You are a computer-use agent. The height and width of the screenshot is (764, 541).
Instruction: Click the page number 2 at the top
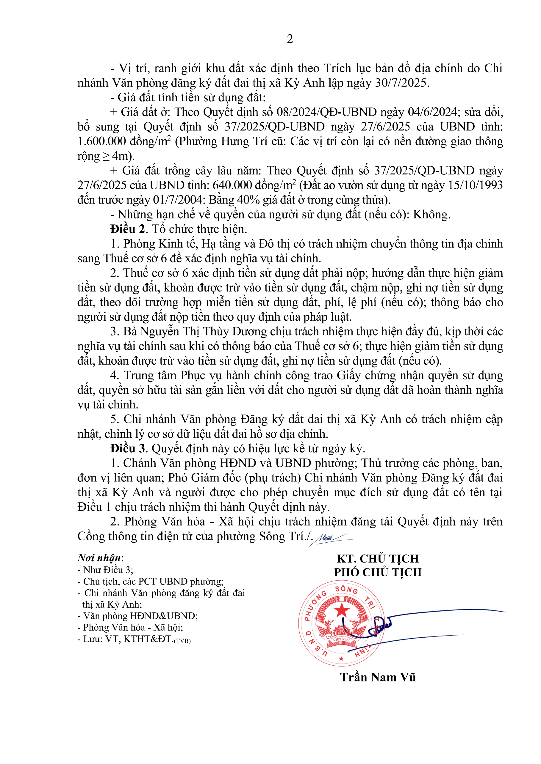[290, 39]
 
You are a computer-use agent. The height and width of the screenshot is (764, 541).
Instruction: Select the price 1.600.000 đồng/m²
[124, 141]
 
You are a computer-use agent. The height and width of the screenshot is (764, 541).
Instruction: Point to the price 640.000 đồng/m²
[254, 185]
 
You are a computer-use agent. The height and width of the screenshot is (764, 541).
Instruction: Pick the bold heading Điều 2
[128, 229]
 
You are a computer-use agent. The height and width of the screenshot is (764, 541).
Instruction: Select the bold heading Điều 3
[128, 448]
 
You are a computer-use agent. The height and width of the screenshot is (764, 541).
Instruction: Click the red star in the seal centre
[342, 610]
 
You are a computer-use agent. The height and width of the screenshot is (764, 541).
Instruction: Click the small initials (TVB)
[182, 641]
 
